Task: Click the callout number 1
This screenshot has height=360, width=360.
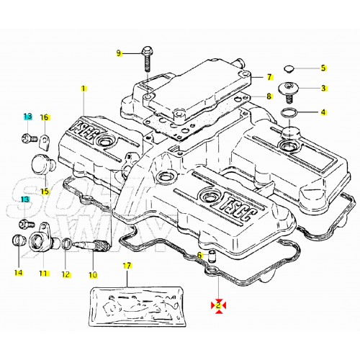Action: pos(84,89)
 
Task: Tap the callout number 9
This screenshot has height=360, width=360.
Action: pos(120,53)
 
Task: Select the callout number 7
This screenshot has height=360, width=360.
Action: pos(269,77)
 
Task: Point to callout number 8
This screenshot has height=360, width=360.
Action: pos(269,96)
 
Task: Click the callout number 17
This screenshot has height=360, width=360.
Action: pos(127,266)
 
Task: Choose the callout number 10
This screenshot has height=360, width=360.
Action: pos(92,274)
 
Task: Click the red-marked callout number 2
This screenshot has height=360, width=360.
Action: pos(217,305)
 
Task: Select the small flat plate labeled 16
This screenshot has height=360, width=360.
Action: pos(43,135)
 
